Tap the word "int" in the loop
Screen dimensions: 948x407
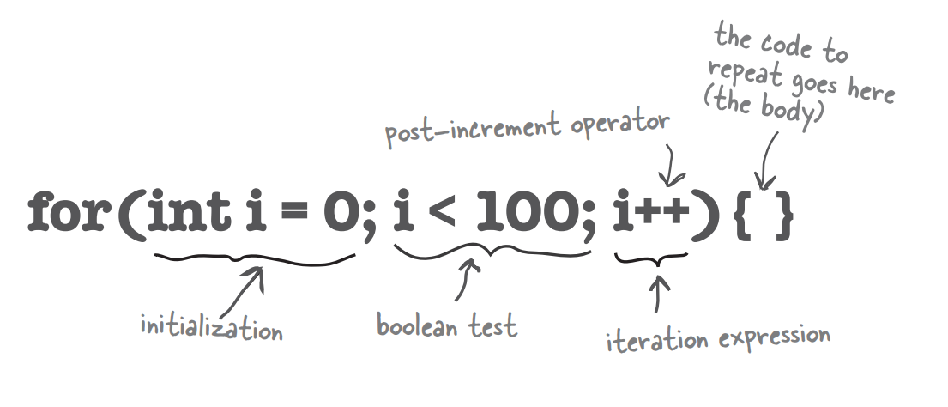coord(189,210)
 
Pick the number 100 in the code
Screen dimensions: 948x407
coord(528,211)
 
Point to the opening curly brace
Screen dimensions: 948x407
coord(743,216)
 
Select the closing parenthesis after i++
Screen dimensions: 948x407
coord(706,214)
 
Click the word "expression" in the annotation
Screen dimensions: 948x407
coord(775,337)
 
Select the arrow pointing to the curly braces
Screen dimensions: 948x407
coord(767,161)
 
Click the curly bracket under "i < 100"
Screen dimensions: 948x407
coord(492,251)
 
